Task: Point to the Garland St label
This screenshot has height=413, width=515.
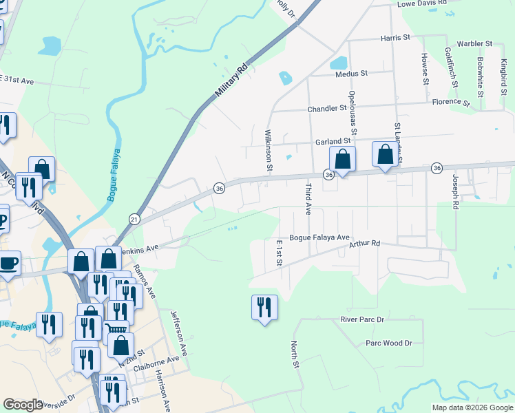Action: click(x=333, y=142)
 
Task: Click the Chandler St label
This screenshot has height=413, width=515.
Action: click(x=327, y=109)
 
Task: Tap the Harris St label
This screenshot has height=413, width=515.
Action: click(x=395, y=39)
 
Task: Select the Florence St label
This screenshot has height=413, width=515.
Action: click(x=451, y=103)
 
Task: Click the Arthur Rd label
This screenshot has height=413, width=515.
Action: click(x=364, y=244)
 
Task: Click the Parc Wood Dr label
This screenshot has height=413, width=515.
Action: click(x=388, y=343)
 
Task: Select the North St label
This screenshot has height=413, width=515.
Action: click(x=295, y=354)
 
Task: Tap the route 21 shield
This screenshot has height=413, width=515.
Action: click(x=134, y=219)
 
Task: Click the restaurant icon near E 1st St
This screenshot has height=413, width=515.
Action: click(x=264, y=308)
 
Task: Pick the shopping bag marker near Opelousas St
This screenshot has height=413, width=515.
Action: click(x=342, y=160)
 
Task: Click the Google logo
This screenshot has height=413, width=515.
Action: click(x=23, y=405)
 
